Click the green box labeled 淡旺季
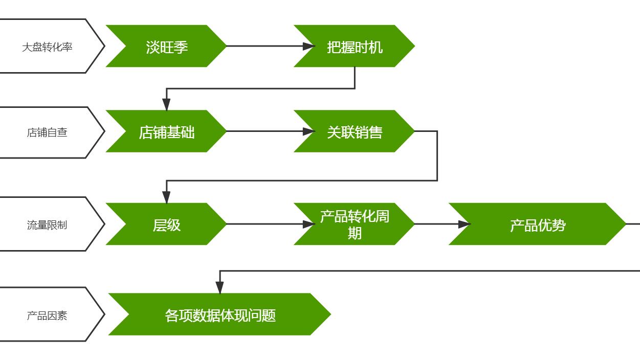pyautogui.click(x=166, y=46)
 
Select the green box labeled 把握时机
pyautogui.click(x=354, y=46)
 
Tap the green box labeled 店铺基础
pyautogui.click(x=166, y=131)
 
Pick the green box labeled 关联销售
pyautogui.click(x=354, y=131)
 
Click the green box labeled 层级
pyautogui.click(x=166, y=224)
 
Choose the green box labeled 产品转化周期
pyautogui.click(x=354, y=224)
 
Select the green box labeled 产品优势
pyautogui.click(x=537, y=224)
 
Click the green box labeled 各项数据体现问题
pyautogui.click(x=220, y=314)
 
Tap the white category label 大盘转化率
pyautogui.click(x=47, y=47)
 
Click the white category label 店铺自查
pyautogui.click(x=47, y=132)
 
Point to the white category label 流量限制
pyautogui.click(x=47, y=224)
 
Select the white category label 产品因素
pyautogui.click(x=47, y=315)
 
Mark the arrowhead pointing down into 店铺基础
pyautogui.click(x=166, y=105)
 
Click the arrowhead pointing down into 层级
pyautogui.click(x=166, y=197)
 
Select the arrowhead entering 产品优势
pyautogui.click(x=464, y=224)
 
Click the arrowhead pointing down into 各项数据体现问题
pyautogui.click(x=220, y=288)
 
